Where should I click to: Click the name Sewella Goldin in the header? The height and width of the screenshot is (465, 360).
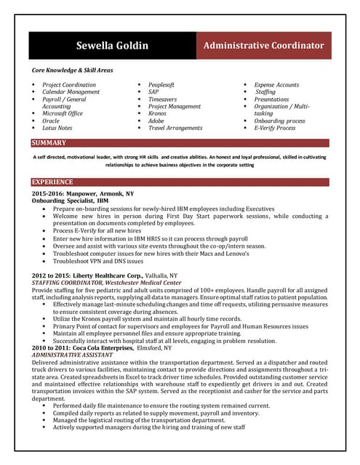[x=112, y=46]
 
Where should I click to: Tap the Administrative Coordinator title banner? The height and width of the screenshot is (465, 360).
[x=263, y=46]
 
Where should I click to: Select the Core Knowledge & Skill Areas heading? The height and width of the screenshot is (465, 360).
[x=72, y=70]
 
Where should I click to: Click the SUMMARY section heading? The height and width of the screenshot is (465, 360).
[x=49, y=143]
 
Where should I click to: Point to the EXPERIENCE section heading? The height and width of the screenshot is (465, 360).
[x=52, y=182]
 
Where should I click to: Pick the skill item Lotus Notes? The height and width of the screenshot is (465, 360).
[x=57, y=128]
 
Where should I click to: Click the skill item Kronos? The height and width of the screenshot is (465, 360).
[x=158, y=114]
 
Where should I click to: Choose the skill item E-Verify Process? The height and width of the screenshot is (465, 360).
[x=274, y=128]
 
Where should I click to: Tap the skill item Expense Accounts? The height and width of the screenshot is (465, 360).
[x=276, y=85]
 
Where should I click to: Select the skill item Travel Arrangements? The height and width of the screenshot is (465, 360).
[x=175, y=128]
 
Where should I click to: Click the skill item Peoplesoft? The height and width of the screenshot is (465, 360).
[x=161, y=85]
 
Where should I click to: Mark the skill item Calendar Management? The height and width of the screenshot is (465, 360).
[x=71, y=92]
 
